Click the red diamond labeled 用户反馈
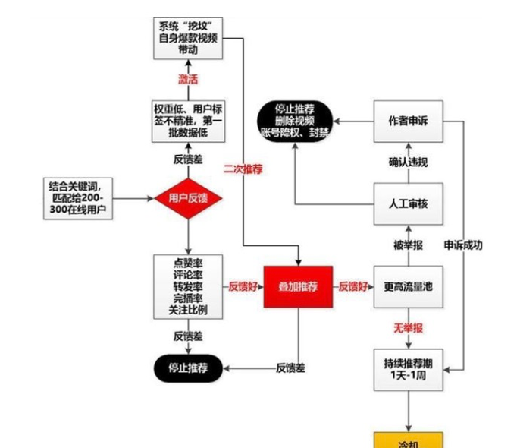(x=187, y=199)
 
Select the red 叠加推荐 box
(x=298, y=286)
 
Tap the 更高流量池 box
(x=408, y=286)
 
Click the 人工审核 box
(x=408, y=204)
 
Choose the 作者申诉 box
(x=408, y=121)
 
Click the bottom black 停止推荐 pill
(x=187, y=368)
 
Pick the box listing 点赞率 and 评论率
(x=187, y=286)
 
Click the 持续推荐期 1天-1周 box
(x=408, y=369)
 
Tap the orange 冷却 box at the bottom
(x=408, y=440)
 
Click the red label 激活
(x=188, y=79)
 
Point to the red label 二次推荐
(x=243, y=169)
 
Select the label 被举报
(x=408, y=245)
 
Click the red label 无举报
(x=408, y=328)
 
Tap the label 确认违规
(x=408, y=162)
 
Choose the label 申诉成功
(x=462, y=245)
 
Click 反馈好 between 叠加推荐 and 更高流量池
(x=353, y=286)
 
